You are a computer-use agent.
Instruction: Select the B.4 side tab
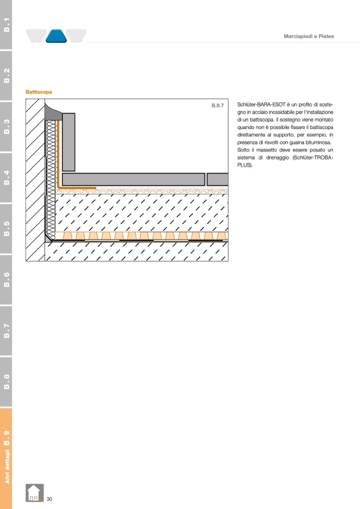click(x=6, y=178)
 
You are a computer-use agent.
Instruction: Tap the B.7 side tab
click(x=6, y=331)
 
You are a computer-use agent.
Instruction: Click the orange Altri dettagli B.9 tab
click(x=6, y=458)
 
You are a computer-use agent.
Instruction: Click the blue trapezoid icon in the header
click(x=56, y=36)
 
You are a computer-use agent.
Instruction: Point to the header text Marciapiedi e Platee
click(x=308, y=36)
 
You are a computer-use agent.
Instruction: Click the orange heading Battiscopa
click(x=39, y=92)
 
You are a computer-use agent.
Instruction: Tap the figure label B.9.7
click(x=218, y=106)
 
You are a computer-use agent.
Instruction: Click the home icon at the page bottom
click(x=35, y=493)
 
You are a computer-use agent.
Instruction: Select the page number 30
click(x=49, y=499)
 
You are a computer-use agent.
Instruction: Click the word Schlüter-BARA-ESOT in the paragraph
click(x=261, y=105)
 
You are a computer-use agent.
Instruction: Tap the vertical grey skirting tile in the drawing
click(x=68, y=142)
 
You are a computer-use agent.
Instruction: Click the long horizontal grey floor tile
click(x=133, y=179)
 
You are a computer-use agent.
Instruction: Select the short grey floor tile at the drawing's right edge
click(x=218, y=179)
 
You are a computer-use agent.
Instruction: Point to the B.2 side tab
click(x=6, y=75)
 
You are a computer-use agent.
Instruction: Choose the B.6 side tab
click(x=6, y=280)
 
